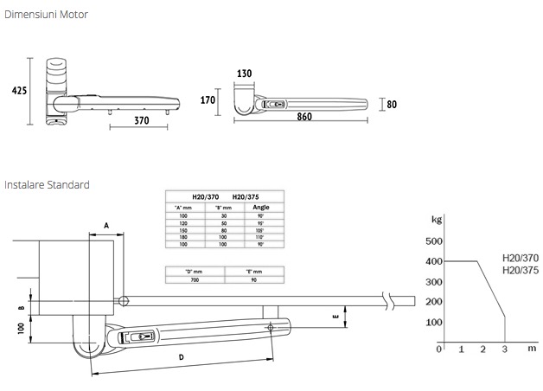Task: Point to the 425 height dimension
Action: pos(16,89)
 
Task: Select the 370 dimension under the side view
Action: pos(132,122)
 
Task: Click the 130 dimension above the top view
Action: pos(246,74)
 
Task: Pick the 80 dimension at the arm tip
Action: pos(391,105)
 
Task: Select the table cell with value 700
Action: pos(196,280)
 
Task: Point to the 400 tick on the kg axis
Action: pos(434,261)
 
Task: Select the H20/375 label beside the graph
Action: pos(521,270)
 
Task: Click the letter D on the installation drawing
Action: pos(180,356)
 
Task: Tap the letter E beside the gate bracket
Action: pos(335,317)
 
